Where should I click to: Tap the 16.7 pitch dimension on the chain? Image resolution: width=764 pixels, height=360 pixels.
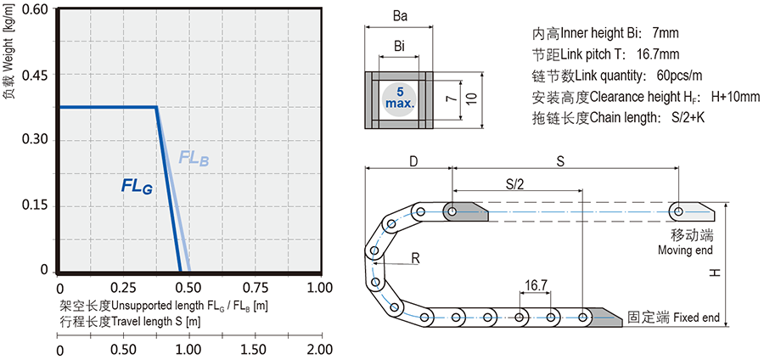[x=536, y=288]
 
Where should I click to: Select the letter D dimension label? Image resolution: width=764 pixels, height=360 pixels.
[x=413, y=160]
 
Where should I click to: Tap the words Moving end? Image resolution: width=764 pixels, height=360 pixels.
[x=685, y=250]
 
